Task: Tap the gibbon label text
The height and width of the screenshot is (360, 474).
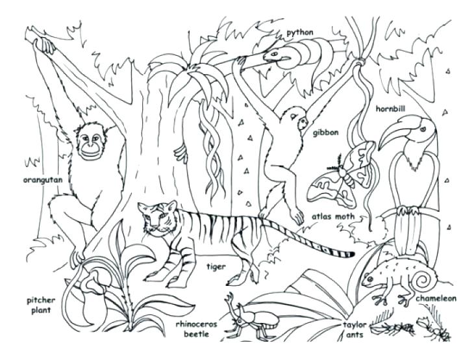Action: [x=325, y=133]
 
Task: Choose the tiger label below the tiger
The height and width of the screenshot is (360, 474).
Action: [x=216, y=266]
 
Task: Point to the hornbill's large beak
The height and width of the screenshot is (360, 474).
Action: [x=393, y=136]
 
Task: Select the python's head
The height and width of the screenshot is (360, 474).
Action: [x=274, y=55]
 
